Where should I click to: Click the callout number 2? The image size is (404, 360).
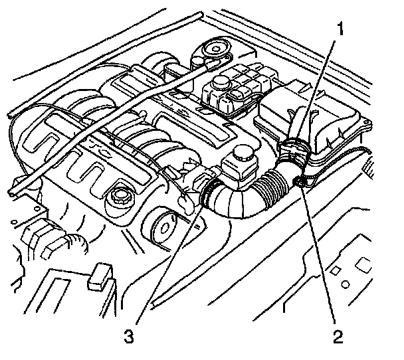tap(338, 336)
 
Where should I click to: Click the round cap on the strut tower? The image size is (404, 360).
tap(214, 48)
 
